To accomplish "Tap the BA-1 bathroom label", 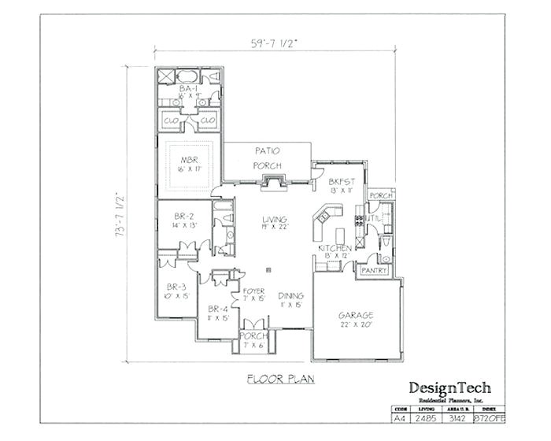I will point(188,90).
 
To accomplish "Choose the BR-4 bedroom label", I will point(217,309).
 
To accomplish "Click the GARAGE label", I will point(356,314).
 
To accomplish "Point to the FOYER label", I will point(253,291).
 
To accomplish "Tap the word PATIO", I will point(268,150).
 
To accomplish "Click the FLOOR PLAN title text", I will point(279,379).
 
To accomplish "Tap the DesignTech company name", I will point(449,387).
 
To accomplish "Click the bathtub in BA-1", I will point(187,76).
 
